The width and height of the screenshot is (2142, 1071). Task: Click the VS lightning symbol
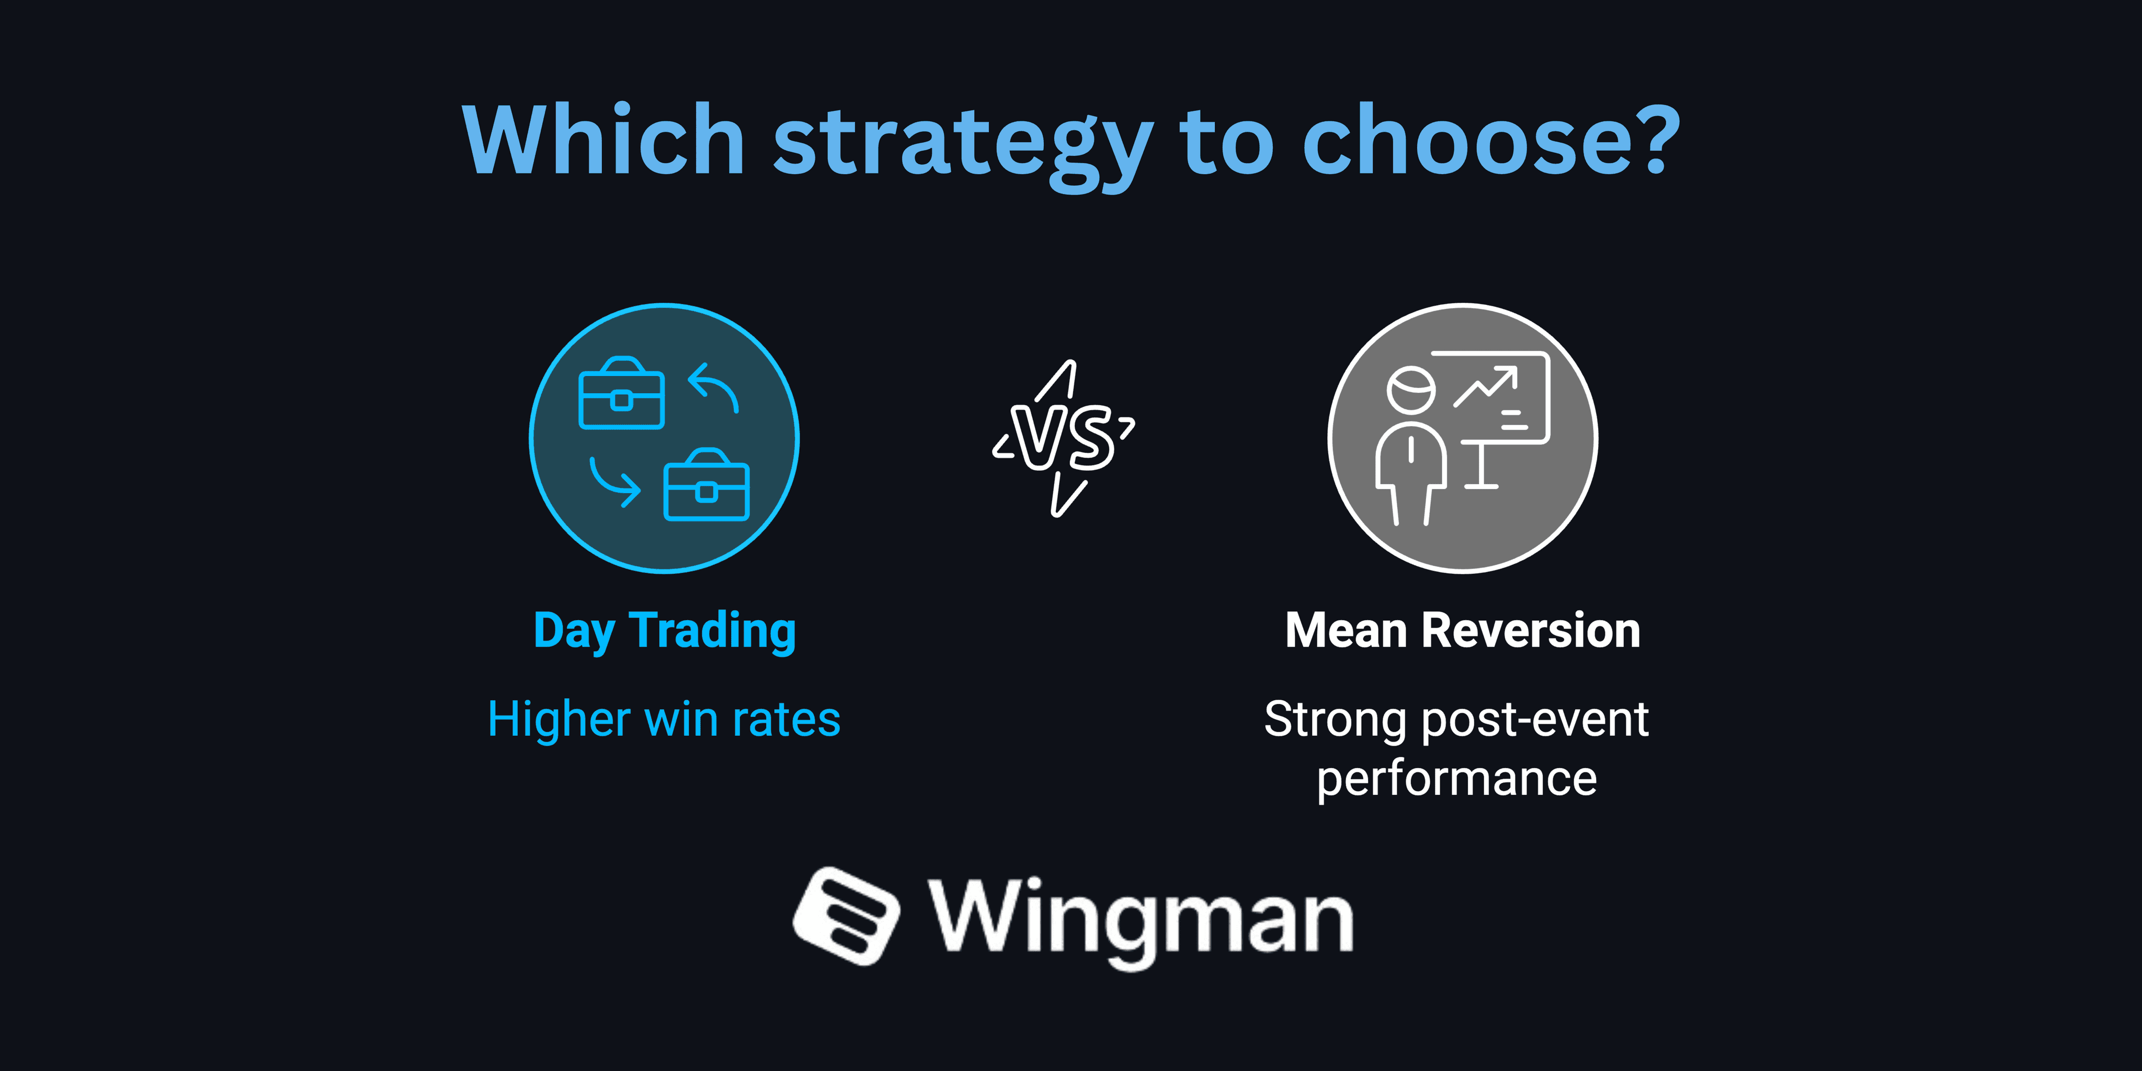pos(1064,438)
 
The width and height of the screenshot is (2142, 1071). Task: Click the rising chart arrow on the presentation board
pos(1486,386)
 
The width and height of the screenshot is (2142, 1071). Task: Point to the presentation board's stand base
pos(1481,485)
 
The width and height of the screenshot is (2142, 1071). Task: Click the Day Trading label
pos(664,631)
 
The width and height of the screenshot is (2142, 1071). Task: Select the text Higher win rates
pos(664,719)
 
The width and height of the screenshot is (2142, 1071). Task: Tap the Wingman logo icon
pos(845,916)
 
